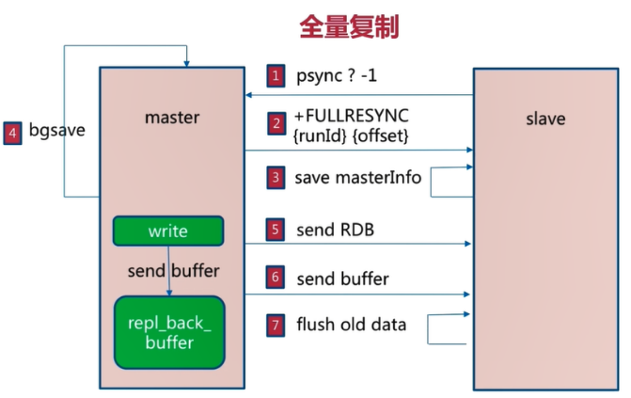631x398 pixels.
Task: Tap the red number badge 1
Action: tap(276, 76)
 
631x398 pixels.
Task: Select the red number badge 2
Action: tap(276, 123)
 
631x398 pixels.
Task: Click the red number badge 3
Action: tap(276, 177)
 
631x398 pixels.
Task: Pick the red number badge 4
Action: tap(12, 133)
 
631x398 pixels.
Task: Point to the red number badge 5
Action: tap(276, 230)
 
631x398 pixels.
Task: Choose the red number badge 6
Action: tap(276, 279)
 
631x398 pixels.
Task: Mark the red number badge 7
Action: tap(276, 326)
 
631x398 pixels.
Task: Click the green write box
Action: tap(168, 231)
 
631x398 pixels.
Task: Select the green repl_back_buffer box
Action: tap(168, 331)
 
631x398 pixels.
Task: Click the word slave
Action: tap(545, 119)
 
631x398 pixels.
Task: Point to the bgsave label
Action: tap(57, 132)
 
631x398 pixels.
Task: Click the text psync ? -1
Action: tap(337, 76)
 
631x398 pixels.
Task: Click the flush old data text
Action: tap(351, 325)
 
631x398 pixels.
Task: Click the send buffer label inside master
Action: tap(173, 272)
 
